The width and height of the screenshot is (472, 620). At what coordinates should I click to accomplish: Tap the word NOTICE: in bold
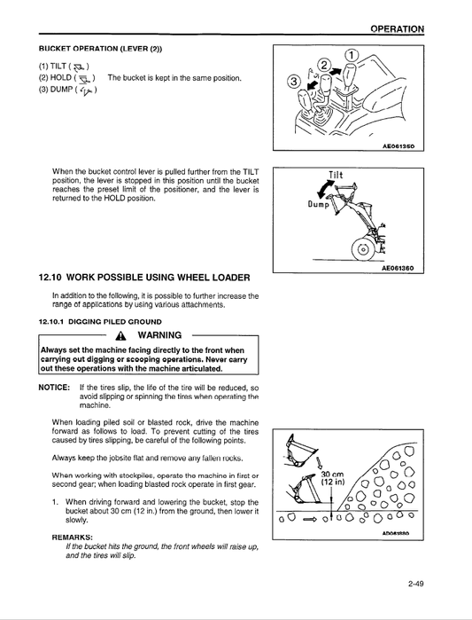(x=54, y=388)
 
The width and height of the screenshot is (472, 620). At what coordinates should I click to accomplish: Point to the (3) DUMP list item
(x=66, y=90)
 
